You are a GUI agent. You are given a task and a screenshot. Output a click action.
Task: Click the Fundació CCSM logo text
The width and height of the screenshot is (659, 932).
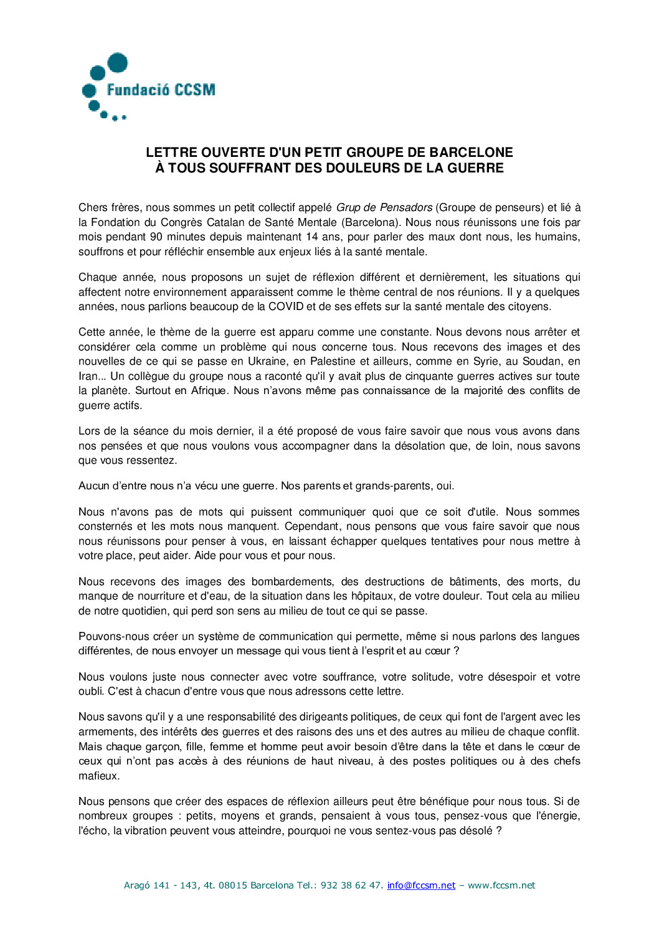161,90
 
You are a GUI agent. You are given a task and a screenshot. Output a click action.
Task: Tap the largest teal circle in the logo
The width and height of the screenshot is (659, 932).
118,63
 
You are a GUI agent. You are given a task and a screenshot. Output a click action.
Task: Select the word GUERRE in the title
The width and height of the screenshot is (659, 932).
475,168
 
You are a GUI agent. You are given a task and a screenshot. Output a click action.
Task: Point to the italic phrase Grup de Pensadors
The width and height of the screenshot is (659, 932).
384,207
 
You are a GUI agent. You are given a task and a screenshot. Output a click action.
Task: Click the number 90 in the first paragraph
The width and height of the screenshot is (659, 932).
156,237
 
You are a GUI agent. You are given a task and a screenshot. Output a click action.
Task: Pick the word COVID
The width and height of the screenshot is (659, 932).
286,306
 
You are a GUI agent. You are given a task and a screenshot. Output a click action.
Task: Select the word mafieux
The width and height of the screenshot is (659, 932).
98,776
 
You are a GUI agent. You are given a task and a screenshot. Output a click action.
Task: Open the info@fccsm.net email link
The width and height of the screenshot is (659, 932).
421,885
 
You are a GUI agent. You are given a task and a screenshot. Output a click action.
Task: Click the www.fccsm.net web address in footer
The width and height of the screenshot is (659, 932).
501,885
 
